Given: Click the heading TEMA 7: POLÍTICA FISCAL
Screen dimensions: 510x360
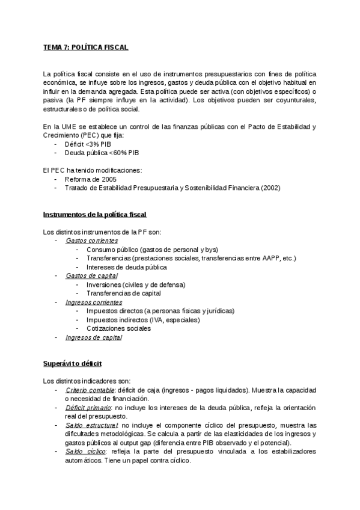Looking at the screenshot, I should pos(85,47).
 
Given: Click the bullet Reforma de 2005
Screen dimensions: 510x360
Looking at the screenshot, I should pos(91,179).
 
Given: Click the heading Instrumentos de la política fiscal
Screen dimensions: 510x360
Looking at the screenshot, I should pos(95,214).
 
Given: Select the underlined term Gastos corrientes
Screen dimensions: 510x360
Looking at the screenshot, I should pos(92,241).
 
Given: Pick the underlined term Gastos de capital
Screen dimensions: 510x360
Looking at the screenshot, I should pos(91,275).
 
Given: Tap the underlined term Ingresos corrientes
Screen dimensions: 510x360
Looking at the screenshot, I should pos(94,302).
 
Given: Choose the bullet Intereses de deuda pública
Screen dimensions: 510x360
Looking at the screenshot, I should pos(126,267).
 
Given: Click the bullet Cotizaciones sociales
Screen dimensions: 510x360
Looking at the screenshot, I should pos(118,328).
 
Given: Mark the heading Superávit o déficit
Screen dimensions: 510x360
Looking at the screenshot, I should pos(72,364).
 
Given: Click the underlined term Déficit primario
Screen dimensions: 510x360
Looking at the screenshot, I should pos(90,408).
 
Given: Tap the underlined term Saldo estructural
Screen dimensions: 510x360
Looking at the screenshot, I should pos(92,425).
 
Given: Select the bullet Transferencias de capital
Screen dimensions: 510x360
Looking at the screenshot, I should pos(123,293).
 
